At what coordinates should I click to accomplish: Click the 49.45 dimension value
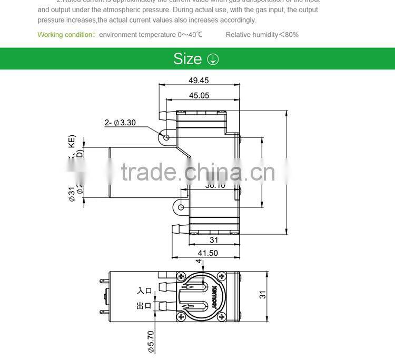(x=199, y=81)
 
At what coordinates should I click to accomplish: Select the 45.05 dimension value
(x=199, y=95)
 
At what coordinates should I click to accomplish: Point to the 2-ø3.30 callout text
(x=120, y=123)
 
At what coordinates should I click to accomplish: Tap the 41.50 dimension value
(x=206, y=253)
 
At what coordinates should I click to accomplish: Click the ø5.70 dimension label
(x=151, y=341)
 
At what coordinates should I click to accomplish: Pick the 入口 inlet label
(x=144, y=291)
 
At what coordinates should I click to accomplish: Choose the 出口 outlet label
(x=144, y=305)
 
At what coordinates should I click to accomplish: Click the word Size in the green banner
(x=187, y=59)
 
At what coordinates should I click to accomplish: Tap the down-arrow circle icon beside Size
(x=213, y=59)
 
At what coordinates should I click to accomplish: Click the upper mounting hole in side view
(x=166, y=137)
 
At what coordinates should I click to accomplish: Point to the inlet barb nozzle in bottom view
(x=164, y=287)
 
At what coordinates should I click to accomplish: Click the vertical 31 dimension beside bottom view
(x=262, y=295)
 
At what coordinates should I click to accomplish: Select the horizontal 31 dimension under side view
(x=214, y=240)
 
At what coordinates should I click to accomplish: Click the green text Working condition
(x=65, y=35)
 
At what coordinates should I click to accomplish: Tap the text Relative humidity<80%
(x=262, y=35)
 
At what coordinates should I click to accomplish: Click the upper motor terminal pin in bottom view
(x=102, y=283)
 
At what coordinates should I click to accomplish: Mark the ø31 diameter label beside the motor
(x=72, y=195)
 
